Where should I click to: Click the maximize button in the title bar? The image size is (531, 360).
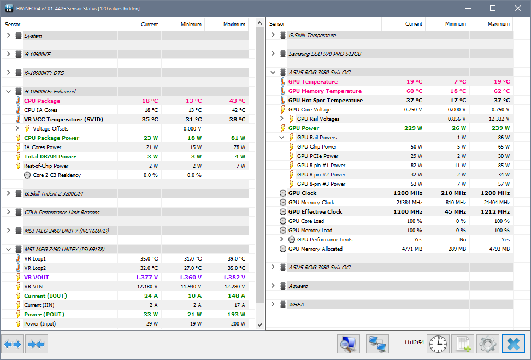pyautogui.click(x=493, y=8)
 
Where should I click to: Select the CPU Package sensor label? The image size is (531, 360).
pyautogui.click(x=42, y=101)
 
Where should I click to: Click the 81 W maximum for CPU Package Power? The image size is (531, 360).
pyautogui.click(x=237, y=138)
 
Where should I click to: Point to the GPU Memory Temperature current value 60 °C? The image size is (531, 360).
pyautogui.click(x=414, y=91)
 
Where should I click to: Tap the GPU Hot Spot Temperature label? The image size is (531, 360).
pyautogui.click(x=325, y=101)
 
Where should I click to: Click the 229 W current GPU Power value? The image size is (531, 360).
pyautogui.click(x=413, y=128)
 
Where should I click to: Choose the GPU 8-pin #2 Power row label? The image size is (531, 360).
pyautogui.click(x=321, y=175)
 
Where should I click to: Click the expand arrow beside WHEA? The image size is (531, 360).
pyautogui.click(x=273, y=305)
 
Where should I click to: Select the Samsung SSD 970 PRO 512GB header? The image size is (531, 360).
pyautogui.click(x=324, y=54)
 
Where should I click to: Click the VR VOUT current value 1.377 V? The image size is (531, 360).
pyautogui.click(x=146, y=278)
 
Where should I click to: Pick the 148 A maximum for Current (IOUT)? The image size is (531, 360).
pyautogui.click(x=236, y=296)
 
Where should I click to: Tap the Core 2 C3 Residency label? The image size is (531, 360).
pyautogui.click(x=57, y=175)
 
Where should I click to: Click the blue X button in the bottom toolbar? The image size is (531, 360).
pyautogui.click(x=513, y=344)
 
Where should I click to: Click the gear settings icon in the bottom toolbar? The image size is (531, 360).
pyautogui.click(x=488, y=344)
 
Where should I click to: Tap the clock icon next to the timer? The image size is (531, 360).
pyautogui.click(x=438, y=344)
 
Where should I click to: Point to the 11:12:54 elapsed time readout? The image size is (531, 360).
pyautogui.click(x=414, y=343)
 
